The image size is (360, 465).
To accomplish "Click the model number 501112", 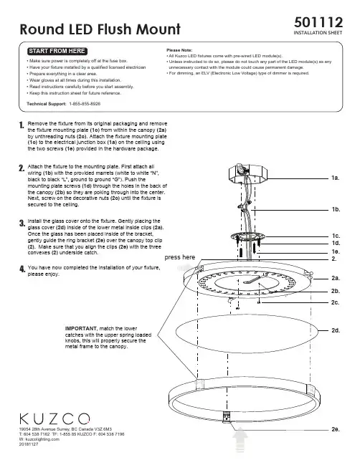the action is click(x=318, y=22).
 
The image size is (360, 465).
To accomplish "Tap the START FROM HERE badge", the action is click(x=57, y=51).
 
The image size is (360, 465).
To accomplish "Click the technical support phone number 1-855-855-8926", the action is click(x=85, y=104).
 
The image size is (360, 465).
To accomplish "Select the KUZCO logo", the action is click(x=55, y=418).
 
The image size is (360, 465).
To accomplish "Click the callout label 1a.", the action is click(x=335, y=178).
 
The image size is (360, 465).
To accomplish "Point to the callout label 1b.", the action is click(x=336, y=209).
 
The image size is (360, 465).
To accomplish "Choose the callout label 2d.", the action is click(x=336, y=330).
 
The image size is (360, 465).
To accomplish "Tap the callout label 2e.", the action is click(x=336, y=429).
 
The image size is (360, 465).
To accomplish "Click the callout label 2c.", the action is click(x=335, y=302).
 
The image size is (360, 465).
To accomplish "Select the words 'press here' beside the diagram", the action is click(x=180, y=257).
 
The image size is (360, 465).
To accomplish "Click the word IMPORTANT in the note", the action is click(x=81, y=329).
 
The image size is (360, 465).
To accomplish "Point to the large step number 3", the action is click(x=22, y=224).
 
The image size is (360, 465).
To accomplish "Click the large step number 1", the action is click(x=22, y=125).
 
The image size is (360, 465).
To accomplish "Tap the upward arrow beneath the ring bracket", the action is click(x=240, y=440).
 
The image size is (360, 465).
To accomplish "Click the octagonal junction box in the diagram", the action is click(x=248, y=173).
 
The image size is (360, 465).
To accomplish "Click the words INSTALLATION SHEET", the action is click(x=318, y=33).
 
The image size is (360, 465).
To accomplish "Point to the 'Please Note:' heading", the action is click(x=179, y=50).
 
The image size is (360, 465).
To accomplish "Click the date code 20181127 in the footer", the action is click(x=29, y=444).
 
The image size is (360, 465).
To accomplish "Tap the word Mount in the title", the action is click(x=158, y=29).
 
